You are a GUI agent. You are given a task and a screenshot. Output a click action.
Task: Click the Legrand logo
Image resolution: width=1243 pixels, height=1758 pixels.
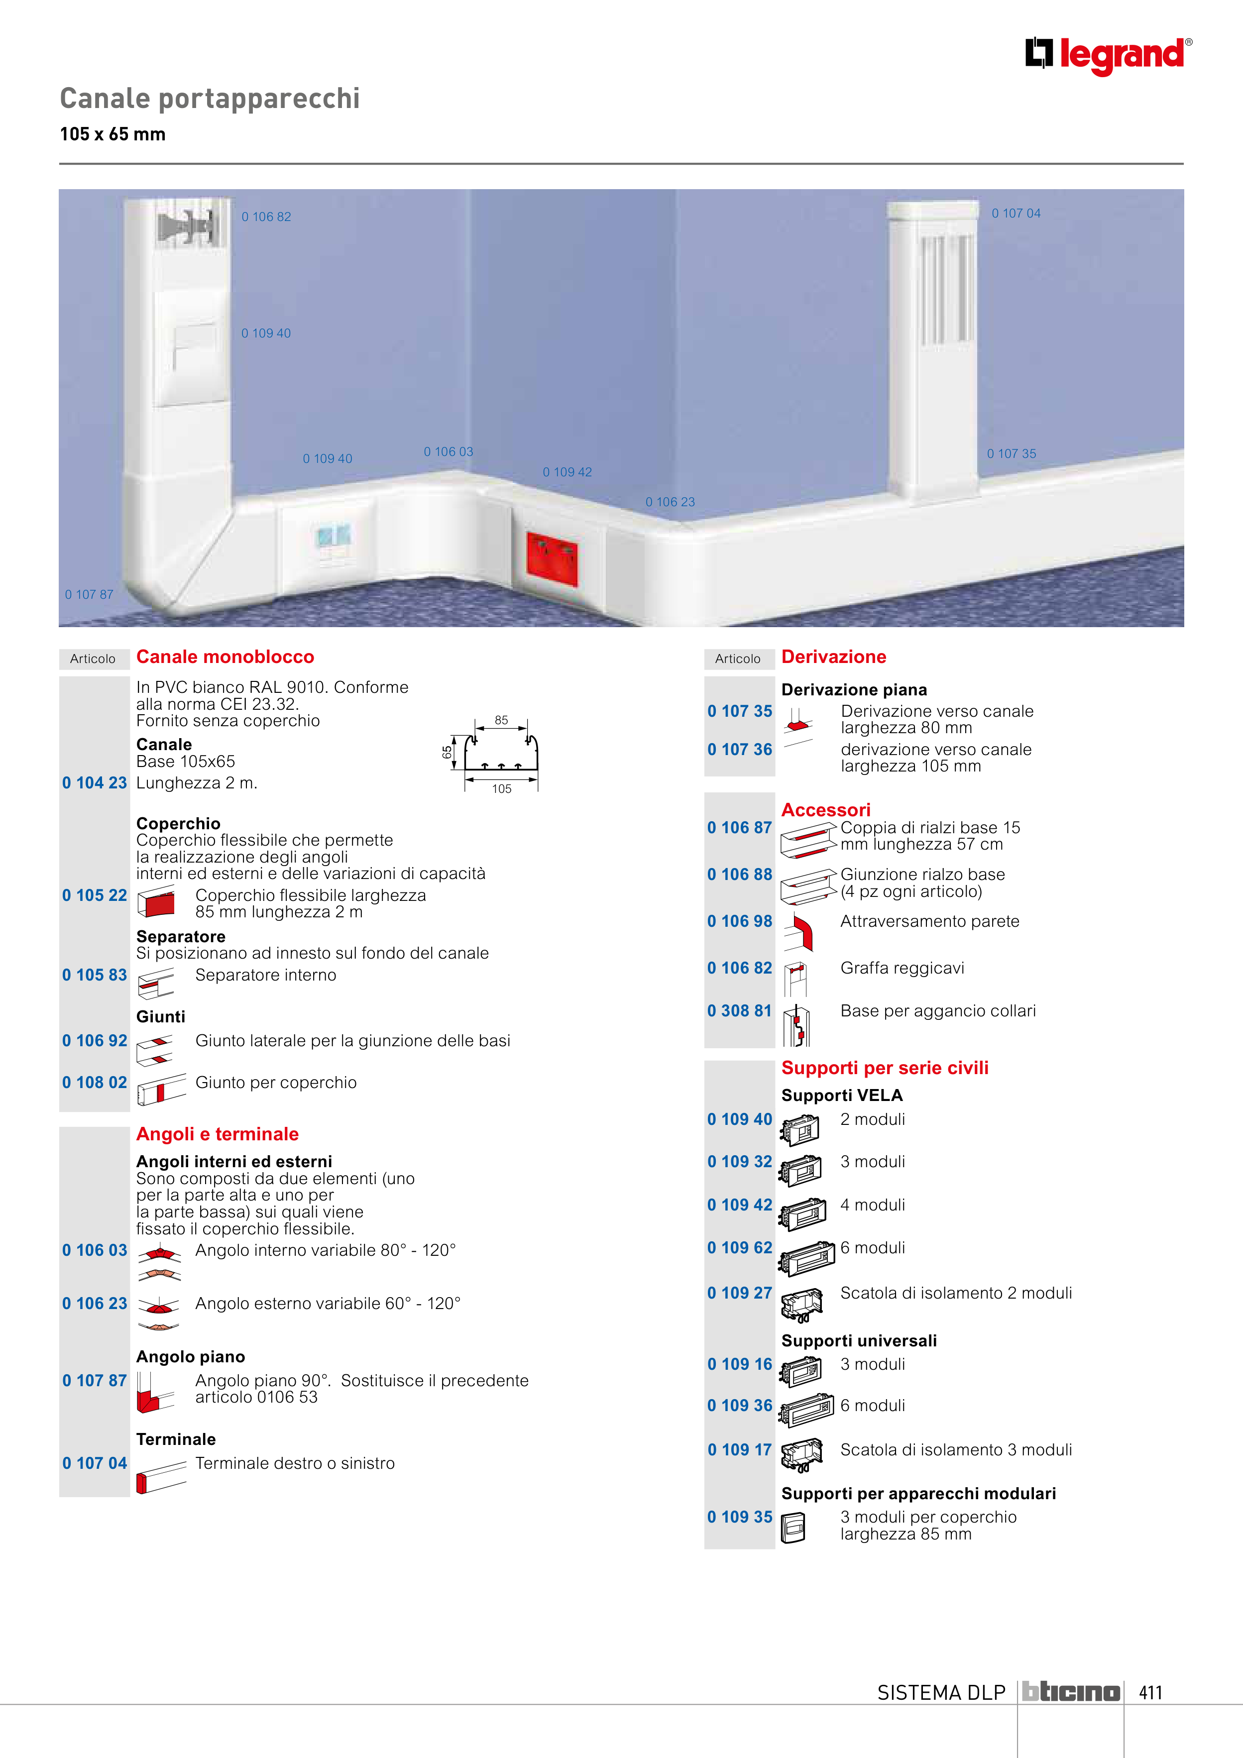pyautogui.click(x=1108, y=56)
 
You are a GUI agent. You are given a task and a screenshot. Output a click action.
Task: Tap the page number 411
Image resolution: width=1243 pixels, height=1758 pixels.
pyautogui.click(x=1150, y=1692)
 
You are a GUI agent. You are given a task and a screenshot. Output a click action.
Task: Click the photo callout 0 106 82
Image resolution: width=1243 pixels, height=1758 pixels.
pyautogui.click(x=266, y=217)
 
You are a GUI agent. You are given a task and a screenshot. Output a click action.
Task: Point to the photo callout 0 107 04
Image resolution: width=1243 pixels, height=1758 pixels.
pyautogui.click(x=1017, y=214)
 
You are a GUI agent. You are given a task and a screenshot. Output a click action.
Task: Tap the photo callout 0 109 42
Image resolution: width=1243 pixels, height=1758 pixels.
pyautogui.click(x=567, y=472)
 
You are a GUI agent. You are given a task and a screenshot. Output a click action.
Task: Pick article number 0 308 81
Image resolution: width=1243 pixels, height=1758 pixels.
pyautogui.click(x=740, y=1011)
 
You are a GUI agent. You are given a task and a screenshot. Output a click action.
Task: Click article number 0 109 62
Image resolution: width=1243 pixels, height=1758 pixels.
pyautogui.click(x=740, y=1247)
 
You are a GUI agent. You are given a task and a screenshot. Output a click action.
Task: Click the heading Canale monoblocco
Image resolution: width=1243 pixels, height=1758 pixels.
pyautogui.click(x=225, y=657)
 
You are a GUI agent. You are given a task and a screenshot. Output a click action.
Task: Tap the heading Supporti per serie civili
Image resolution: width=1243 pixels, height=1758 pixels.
pyautogui.click(x=885, y=1068)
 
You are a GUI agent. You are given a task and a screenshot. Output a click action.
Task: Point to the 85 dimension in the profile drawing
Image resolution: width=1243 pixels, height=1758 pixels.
pyautogui.click(x=502, y=720)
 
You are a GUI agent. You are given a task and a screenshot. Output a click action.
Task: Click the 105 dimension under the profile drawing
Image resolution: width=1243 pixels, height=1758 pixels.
pyautogui.click(x=502, y=788)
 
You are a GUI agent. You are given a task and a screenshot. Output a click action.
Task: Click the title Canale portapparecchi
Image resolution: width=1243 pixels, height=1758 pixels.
pyautogui.click(x=210, y=99)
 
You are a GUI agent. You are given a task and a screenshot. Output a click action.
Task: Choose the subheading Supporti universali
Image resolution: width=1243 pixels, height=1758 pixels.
pyautogui.click(x=859, y=1341)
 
